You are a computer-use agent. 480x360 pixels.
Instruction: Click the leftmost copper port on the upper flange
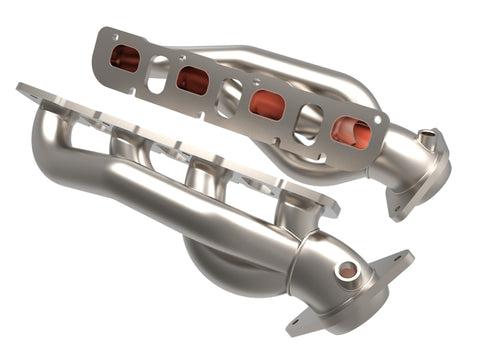coord(125,59)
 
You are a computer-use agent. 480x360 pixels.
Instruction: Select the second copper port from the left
coord(192,80)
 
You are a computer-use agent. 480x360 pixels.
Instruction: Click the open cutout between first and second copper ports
coord(158,73)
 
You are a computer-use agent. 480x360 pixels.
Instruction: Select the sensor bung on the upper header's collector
coord(430,139)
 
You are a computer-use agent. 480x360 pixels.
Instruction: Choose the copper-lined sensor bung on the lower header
coord(346,270)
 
